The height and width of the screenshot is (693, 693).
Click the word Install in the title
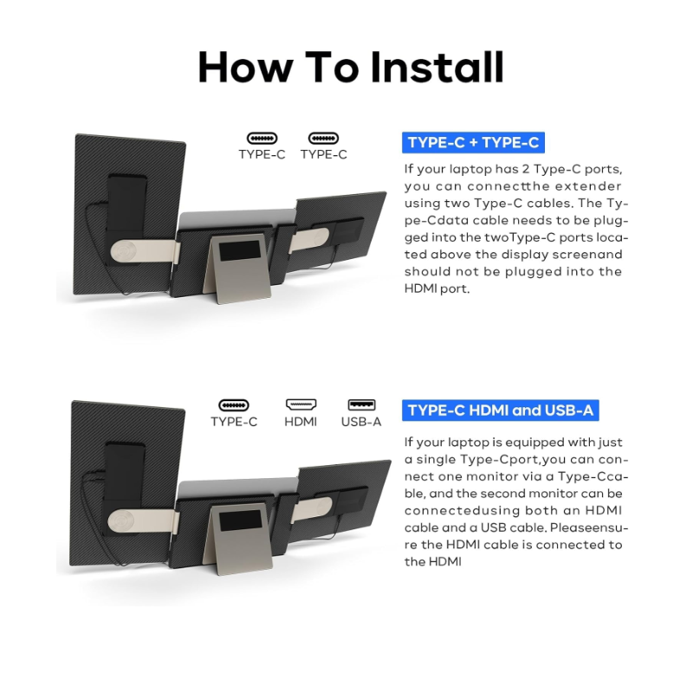pos(437,67)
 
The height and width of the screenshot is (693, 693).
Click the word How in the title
pos(245,67)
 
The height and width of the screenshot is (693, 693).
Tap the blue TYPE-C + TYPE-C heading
pos(473,142)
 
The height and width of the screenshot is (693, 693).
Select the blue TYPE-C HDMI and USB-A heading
pos(501,410)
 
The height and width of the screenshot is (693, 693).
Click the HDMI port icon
pos(301,405)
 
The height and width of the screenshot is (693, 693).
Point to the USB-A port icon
pos(361,405)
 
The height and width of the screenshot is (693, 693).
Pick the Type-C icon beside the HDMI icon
pos(234,405)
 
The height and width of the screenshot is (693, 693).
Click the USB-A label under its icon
pos(361,422)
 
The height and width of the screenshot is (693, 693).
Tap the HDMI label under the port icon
pos(301,422)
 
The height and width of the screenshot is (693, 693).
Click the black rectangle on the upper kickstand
pos(240,250)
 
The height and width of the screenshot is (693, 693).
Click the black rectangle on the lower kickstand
pos(240,521)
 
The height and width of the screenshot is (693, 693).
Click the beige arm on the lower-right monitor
pos(312,508)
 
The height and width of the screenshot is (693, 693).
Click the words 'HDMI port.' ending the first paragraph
pos(437,288)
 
